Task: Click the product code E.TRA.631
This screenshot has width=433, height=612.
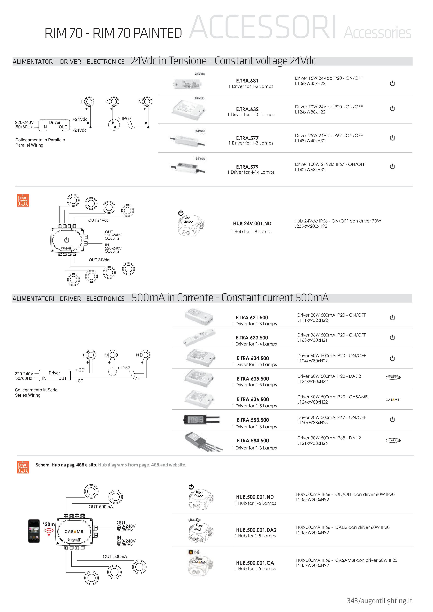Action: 247,81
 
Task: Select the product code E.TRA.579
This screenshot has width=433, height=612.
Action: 247,167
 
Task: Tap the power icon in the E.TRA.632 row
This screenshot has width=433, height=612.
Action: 392,108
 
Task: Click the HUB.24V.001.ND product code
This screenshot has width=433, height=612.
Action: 252,223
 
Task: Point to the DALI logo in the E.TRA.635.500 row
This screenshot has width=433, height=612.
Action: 393,377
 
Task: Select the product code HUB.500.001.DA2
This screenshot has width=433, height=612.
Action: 256,530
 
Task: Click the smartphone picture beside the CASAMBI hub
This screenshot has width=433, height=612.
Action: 34,531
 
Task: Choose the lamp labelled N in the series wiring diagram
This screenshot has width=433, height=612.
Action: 145,355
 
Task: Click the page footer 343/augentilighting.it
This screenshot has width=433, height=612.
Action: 379,601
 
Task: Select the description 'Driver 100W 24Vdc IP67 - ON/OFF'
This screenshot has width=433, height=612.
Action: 330,164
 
